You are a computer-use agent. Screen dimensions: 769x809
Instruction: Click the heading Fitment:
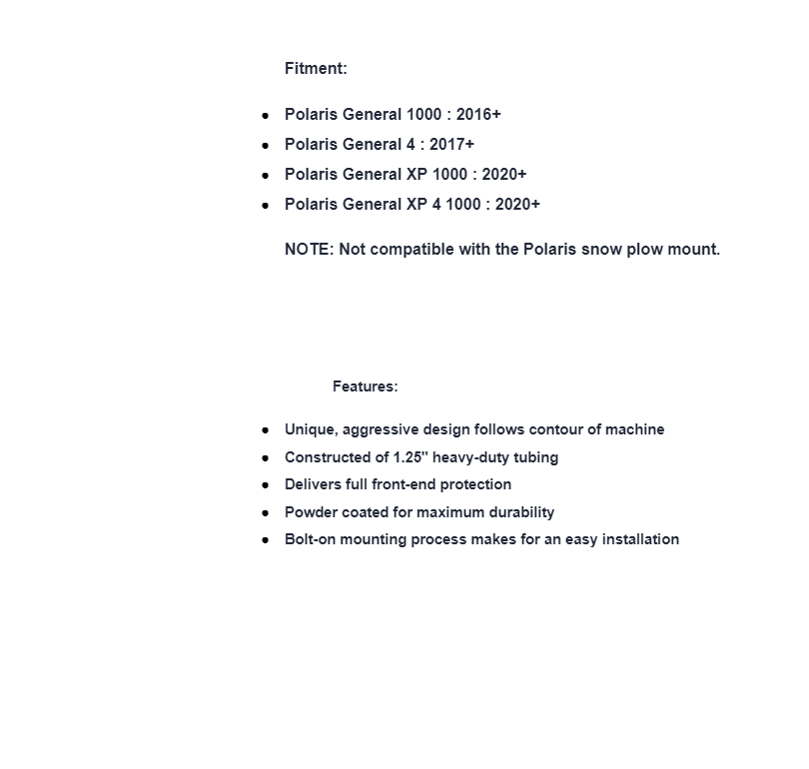[316, 69]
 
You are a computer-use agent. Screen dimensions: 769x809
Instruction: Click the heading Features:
[365, 386]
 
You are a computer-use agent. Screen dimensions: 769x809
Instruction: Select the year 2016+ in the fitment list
[478, 115]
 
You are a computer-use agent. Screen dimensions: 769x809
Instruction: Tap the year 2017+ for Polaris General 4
[451, 145]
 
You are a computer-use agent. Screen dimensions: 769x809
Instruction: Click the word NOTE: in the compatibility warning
[310, 250]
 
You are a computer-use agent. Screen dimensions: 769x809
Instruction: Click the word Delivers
[313, 484]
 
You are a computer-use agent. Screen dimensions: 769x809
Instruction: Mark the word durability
[518, 512]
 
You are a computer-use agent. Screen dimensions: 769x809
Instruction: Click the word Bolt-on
[313, 539]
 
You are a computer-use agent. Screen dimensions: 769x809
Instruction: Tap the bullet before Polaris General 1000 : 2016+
[266, 116]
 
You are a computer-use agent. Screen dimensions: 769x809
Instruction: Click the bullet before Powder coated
[266, 512]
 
